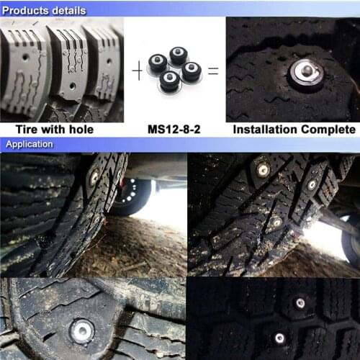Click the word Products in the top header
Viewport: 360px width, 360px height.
tap(27, 10)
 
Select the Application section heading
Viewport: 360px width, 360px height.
tap(30, 144)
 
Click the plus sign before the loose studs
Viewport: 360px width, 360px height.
tap(136, 71)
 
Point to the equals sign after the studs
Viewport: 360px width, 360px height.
tap(213, 71)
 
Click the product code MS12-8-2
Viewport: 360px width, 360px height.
tap(174, 130)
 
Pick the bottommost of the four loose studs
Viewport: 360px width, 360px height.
tap(171, 83)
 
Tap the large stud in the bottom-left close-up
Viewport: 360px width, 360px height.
tap(81, 330)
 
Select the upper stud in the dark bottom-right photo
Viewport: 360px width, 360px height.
tap(300, 303)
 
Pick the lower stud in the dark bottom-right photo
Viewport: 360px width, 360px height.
tap(279, 338)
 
